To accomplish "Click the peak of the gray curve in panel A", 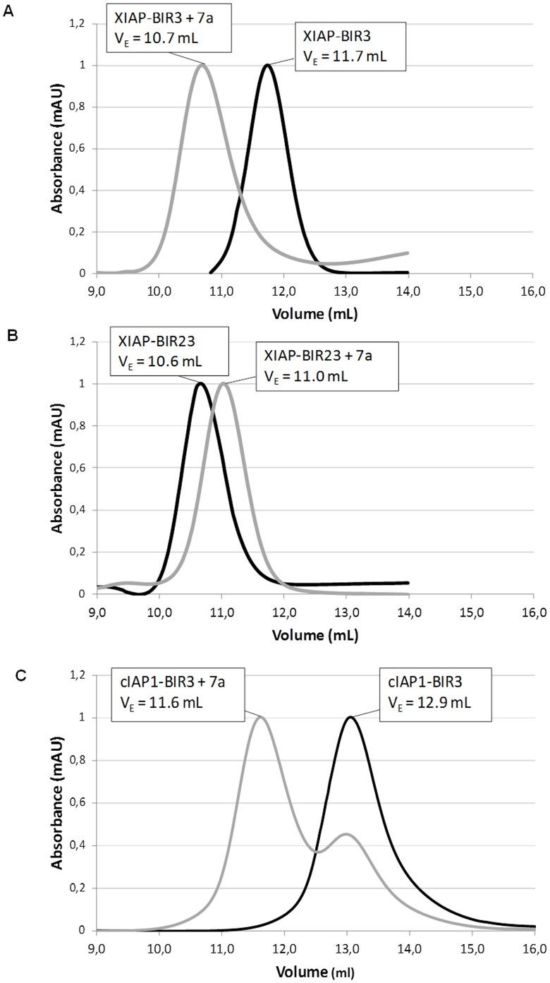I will pyautogui.click(x=204, y=65).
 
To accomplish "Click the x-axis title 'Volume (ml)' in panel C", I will pyautogui.click(x=315, y=970).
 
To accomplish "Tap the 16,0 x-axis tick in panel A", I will pyautogui.click(x=532, y=290).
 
